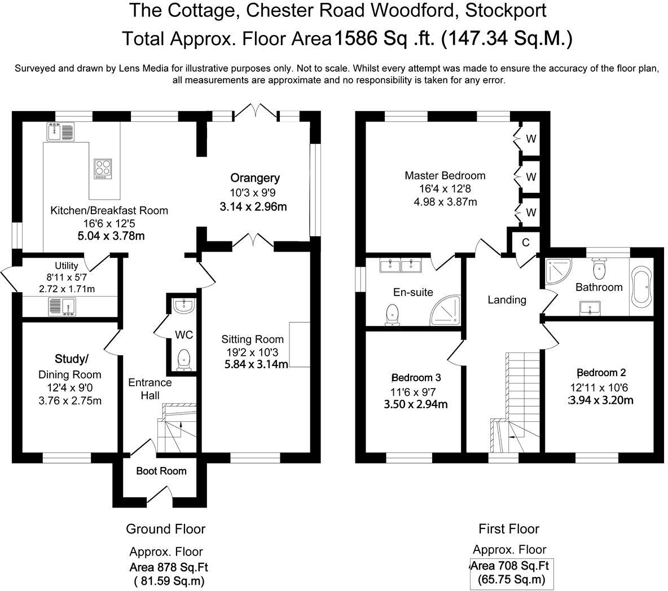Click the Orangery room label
[x=254, y=178]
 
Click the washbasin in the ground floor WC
[x=183, y=306]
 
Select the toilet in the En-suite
[x=392, y=315]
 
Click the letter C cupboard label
[x=525, y=242]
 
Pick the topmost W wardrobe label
[x=531, y=138]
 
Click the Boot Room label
[x=161, y=471]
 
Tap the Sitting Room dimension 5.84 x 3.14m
[x=256, y=365]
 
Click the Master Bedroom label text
[x=445, y=176]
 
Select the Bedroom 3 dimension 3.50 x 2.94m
[x=416, y=404]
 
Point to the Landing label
[x=507, y=300]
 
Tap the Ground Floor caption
[x=165, y=529]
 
